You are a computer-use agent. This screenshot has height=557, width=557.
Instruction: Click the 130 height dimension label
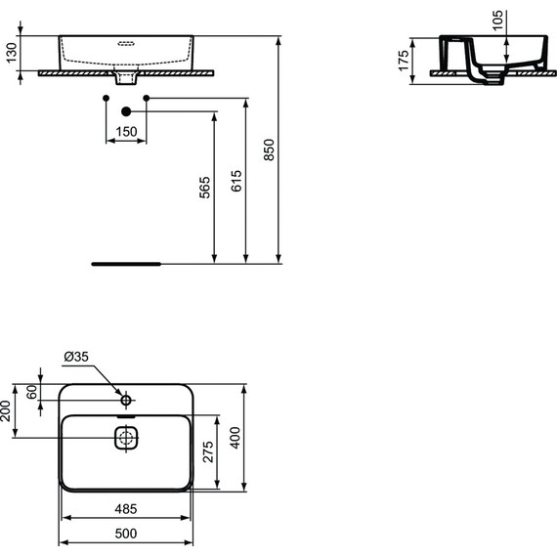12,53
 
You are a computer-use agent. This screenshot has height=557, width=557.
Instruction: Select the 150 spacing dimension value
125,131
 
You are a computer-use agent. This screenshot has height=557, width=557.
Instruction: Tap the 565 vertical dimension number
203,189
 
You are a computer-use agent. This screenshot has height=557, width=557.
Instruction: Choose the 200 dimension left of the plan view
8,412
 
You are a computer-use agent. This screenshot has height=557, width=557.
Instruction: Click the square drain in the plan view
126,438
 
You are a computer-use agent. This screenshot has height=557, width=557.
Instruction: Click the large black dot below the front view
126,111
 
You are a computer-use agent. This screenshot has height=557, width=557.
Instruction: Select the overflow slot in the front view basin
126,44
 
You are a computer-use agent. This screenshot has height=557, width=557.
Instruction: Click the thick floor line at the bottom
125,264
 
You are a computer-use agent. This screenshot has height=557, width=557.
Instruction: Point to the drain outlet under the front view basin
126,75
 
